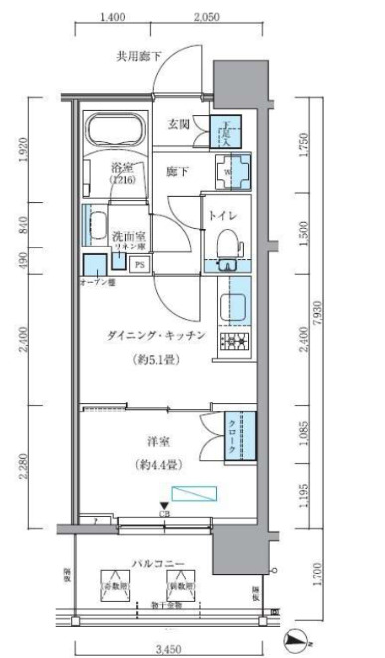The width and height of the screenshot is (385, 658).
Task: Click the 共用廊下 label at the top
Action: (x=138, y=56)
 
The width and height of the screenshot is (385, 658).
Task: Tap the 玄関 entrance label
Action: (x=179, y=124)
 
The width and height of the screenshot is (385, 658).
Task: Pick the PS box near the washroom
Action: (x=138, y=265)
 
